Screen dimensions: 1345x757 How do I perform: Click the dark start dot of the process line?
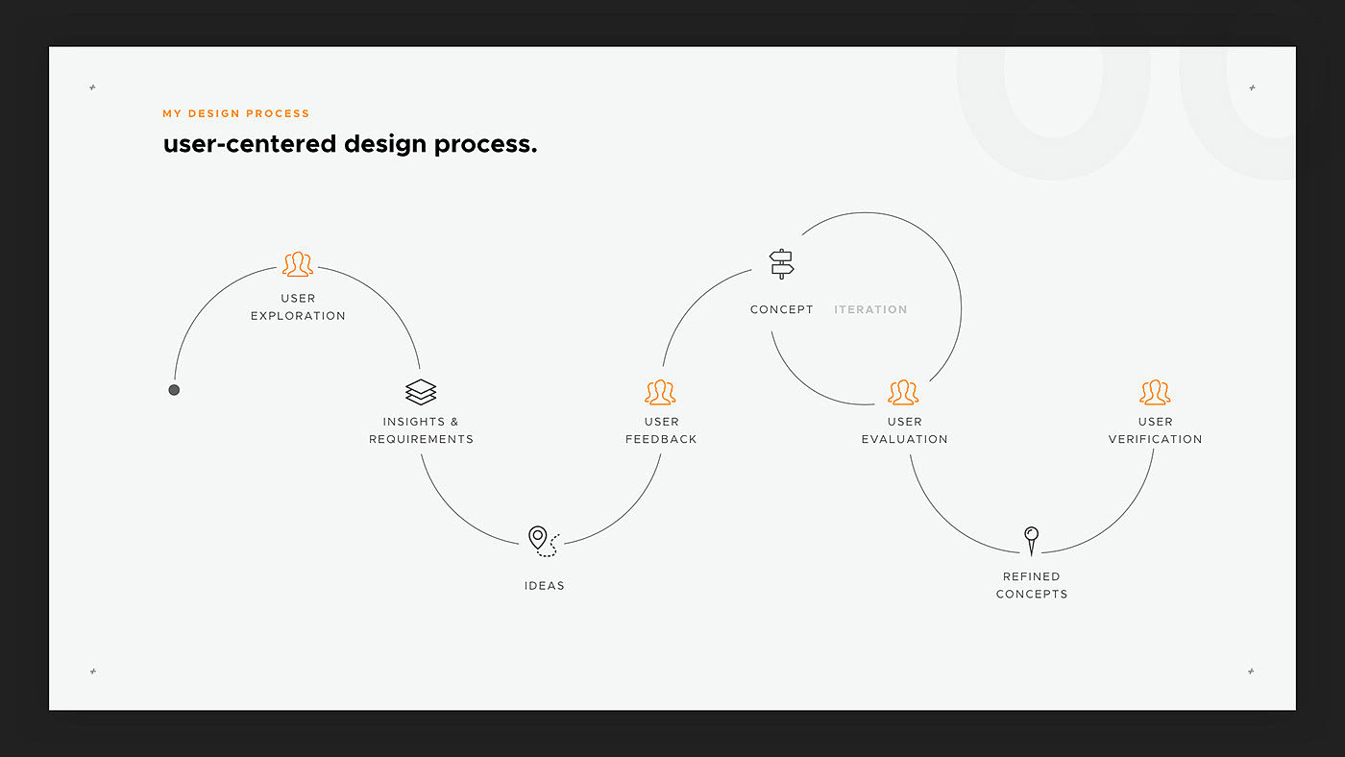coord(174,390)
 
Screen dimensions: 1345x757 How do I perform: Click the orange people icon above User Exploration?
coord(298,264)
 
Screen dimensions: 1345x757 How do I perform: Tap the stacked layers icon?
coord(421,392)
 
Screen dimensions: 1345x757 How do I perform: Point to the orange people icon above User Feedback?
coord(661,392)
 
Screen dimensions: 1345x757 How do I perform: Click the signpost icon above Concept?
coord(782,264)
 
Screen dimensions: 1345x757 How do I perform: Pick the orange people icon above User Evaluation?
coord(903,392)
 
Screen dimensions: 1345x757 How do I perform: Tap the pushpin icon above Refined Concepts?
coord(1032,540)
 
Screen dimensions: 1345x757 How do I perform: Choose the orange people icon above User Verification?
coord(1155,392)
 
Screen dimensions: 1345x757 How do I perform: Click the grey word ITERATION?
coord(870,309)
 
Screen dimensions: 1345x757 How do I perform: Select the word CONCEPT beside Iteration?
coord(782,309)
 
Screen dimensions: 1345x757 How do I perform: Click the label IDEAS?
coord(545,586)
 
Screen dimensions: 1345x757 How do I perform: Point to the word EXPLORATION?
coord(298,316)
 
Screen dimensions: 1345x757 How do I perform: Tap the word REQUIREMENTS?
coord(421,439)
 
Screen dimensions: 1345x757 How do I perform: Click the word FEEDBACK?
coord(661,439)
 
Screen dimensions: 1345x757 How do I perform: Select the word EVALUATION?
coord(904,439)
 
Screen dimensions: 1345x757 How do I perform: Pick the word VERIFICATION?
coord(1155,439)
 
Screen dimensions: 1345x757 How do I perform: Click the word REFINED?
coord(1032,576)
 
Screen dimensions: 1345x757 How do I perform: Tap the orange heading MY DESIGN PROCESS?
coord(236,113)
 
